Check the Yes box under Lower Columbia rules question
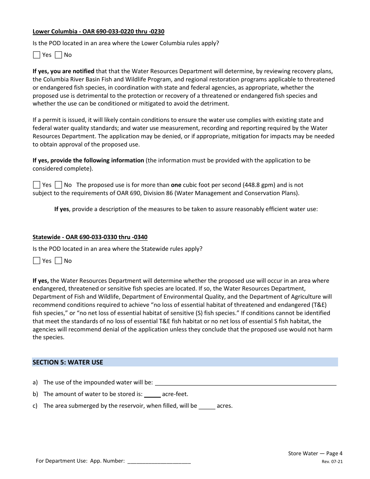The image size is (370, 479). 37,55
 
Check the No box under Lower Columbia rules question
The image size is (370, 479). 58,55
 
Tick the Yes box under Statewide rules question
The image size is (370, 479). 37,261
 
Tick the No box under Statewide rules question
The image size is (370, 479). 58,261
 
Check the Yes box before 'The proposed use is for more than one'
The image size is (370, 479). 37,185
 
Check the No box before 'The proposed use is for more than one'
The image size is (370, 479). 58,185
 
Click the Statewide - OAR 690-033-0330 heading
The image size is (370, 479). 90,237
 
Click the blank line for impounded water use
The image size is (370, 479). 245,383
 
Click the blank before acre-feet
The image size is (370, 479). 152,394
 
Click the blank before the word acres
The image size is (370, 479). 207,406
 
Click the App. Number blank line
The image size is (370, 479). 159,461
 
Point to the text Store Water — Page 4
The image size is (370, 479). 315,453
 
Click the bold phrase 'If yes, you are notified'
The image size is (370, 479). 63,71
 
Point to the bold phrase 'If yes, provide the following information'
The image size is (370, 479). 88,160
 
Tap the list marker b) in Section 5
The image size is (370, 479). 35,394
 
